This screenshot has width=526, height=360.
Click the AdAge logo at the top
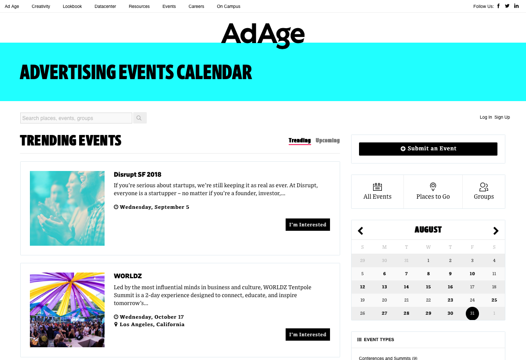coord(263,36)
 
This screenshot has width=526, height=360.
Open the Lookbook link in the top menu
coord(72,7)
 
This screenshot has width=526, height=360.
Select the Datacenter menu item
coord(105,7)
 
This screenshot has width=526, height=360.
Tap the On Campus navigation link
coord(229,7)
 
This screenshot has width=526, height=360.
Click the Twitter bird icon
coord(507,6)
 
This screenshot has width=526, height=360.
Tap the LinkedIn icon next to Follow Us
coord(516,6)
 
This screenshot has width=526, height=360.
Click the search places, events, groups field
coord(76,118)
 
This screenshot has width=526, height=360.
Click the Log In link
coord(486,117)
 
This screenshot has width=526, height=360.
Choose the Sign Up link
coord(502,117)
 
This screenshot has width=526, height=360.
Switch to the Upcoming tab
coord(328,140)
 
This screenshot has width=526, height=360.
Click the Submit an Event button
coord(428,149)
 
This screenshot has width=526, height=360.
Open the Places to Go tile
coord(433,192)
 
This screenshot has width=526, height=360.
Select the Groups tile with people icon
coord(484,192)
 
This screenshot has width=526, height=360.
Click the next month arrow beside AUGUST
coord(496,231)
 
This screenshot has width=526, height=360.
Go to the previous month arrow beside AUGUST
coord(361,231)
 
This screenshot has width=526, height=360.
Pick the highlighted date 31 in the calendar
coord(472,313)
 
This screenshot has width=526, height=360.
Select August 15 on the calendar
coord(428,287)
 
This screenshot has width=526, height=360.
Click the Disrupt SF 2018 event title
coord(138,175)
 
